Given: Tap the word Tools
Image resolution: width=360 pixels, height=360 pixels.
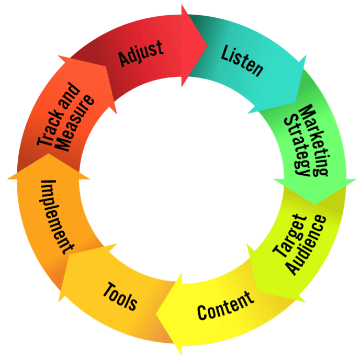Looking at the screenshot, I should pyautogui.click(x=120, y=295).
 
